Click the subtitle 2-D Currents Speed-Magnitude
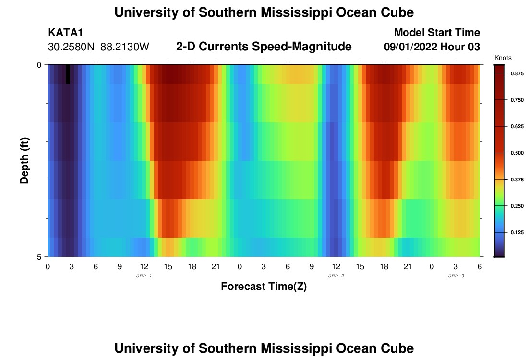(264, 47)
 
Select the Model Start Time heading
(437, 33)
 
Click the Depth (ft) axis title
(25, 160)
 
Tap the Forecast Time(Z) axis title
(264, 287)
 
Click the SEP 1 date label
(144, 276)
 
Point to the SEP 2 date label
(336, 276)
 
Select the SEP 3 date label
(456, 276)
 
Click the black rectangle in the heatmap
(68, 74)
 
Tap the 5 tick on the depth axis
(39, 257)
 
